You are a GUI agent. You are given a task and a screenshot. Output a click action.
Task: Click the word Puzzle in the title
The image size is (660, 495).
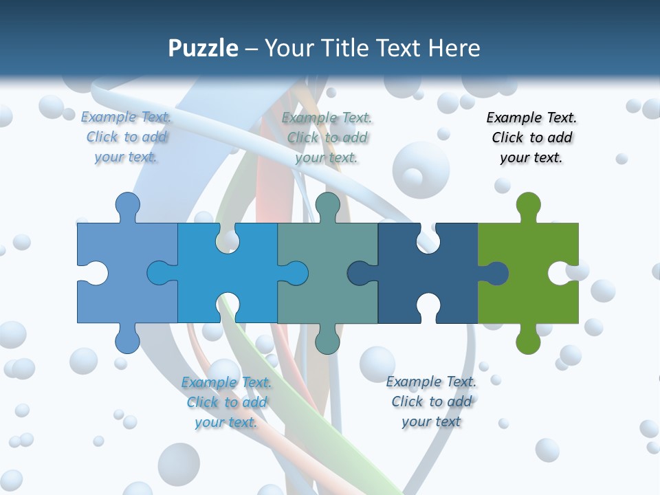(203, 48)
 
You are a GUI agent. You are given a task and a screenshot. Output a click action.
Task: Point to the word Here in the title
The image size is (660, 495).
(454, 48)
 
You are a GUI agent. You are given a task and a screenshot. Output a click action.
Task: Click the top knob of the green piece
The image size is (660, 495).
(528, 205)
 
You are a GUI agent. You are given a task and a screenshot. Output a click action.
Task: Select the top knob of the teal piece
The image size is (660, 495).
(327, 205)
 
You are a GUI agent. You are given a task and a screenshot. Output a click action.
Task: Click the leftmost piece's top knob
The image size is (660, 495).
(127, 205)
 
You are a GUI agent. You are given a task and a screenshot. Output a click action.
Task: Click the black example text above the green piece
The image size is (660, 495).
(531, 137)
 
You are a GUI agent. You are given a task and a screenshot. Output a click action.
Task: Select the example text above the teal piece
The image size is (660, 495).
(327, 137)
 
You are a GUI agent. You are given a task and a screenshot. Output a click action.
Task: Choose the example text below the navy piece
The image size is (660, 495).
(431, 401)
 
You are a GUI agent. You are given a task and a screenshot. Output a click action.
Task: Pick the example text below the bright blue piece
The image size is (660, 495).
(226, 402)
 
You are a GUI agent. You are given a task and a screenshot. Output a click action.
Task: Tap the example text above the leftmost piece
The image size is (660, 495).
(126, 137)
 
